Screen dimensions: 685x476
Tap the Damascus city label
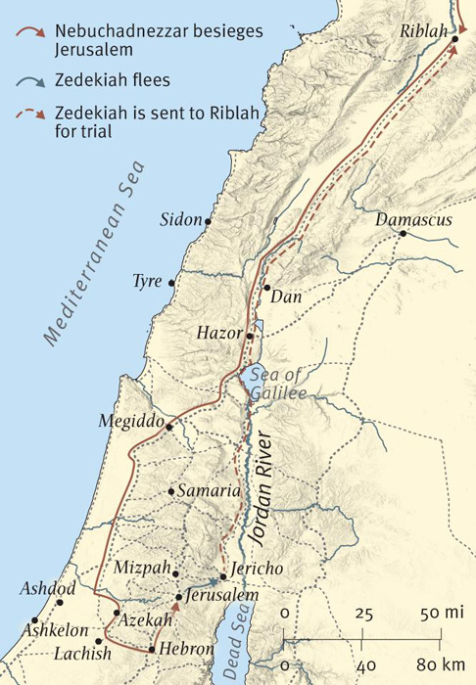pos(413,220)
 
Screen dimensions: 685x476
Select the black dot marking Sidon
pos(208,222)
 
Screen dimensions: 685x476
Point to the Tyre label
pos(147,282)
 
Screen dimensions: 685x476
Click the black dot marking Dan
pos(266,288)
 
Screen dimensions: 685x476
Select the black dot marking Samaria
pos(171,491)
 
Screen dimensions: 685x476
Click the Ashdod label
pos(46,589)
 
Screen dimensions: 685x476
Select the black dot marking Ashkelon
pos(34,619)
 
